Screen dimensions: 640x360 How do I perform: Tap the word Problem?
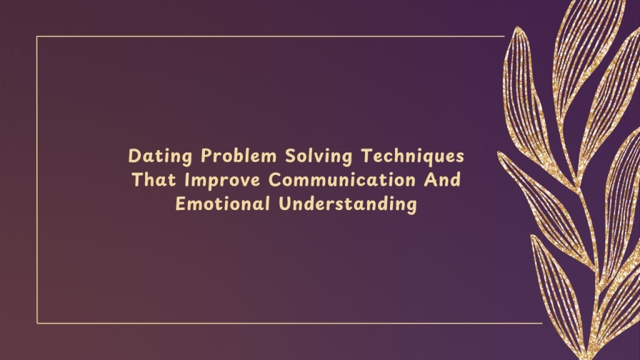point(238,156)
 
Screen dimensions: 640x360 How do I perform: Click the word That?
point(154,179)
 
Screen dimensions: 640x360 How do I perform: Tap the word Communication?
point(342,179)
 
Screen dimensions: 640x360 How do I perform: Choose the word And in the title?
point(442,179)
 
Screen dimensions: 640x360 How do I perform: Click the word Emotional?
point(222,204)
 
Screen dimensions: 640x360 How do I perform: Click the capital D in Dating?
point(134,156)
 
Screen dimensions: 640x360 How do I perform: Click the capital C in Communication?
point(275,180)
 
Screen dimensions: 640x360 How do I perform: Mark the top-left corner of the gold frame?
point(37,37)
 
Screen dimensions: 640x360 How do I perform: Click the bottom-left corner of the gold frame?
point(37,323)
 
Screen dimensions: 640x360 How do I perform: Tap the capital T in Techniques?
point(367,156)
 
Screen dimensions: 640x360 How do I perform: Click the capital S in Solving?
point(290,156)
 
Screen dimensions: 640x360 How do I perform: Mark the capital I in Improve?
point(187,180)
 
